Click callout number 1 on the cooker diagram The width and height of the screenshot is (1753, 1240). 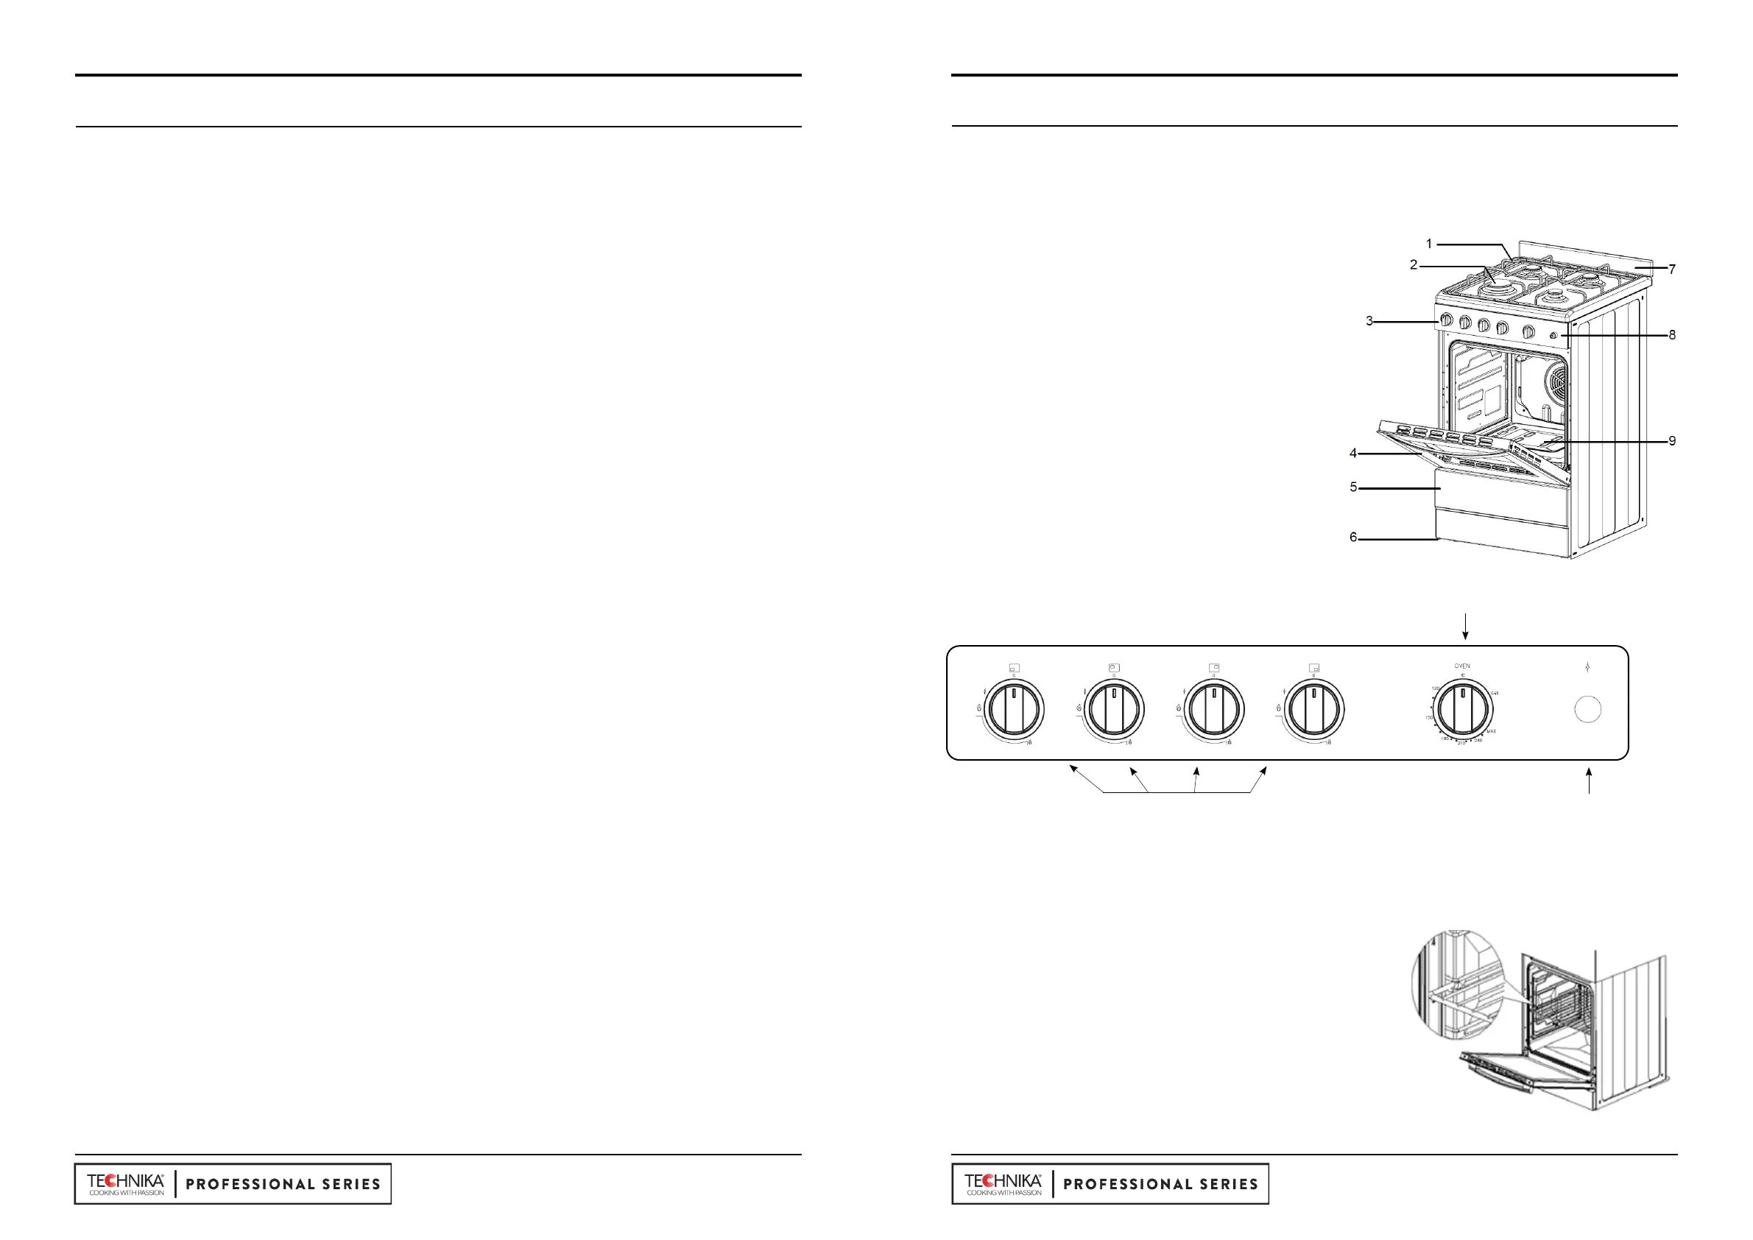click(x=1429, y=244)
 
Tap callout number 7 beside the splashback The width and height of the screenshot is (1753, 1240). click(x=1672, y=270)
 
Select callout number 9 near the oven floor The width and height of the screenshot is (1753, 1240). click(x=1672, y=440)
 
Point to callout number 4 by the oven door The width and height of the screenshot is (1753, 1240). click(x=1353, y=454)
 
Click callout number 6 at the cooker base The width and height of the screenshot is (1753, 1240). click(x=1353, y=538)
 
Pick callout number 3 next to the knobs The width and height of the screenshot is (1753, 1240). click(x=1369, y=322)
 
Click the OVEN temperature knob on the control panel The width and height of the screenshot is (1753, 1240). click(x=1462, y=710)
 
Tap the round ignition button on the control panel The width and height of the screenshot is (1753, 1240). click(x=1588, y=709)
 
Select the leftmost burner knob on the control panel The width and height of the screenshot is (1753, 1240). click(x=1013, y=710)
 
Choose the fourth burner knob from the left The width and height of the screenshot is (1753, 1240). click(x=1313, y=710)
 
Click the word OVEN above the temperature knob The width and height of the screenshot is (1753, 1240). click(x=1462, y=666)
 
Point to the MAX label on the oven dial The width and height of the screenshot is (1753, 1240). click(x=1491, y=731)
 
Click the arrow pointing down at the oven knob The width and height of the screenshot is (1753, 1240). click(x=1465, y=626)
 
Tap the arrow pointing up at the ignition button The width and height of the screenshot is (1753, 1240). click(x=1589, y=781)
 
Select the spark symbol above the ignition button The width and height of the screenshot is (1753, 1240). click(x=1587, y=667)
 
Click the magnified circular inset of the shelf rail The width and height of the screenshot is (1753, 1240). click(x=1456, y=986)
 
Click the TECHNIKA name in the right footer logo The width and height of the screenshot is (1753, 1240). click(x=1003, y=1180)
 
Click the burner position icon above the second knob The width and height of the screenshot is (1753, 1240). click(x=1114, y=667)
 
